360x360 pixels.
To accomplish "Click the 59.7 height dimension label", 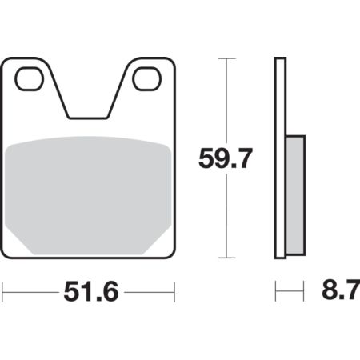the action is pyautogui.click(x=226, y=159).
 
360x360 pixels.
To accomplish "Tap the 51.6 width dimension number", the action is pyautogui.click(x=91, y=292).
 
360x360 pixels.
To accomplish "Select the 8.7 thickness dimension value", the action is pyautogui.click(x=341, y=290).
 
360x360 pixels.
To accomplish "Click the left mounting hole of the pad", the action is pyautogui.click(x=30, y=79).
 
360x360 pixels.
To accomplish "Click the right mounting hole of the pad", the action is pyautogui.click(x=147, y=79).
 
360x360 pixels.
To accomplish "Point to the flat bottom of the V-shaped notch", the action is pyautogui.click(x=88, y=118).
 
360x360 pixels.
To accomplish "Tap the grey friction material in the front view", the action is pyautogui.click(x=88, y=195).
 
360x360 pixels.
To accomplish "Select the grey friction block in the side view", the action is pyautogui.click(x=295, y=195).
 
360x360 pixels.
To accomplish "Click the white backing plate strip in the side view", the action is pyautogui.click(x=280, y=158).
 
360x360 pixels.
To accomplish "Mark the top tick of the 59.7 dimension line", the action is pyautogui.click(x=226, y=58).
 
